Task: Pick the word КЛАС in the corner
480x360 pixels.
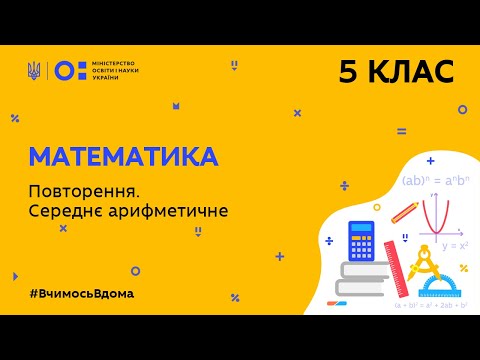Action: click(x=410, y=71)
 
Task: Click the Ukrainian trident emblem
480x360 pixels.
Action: click(x=34, y=70)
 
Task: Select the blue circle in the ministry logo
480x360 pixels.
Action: click(x=61, y=70)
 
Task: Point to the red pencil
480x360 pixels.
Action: click(x=404, y=213)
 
